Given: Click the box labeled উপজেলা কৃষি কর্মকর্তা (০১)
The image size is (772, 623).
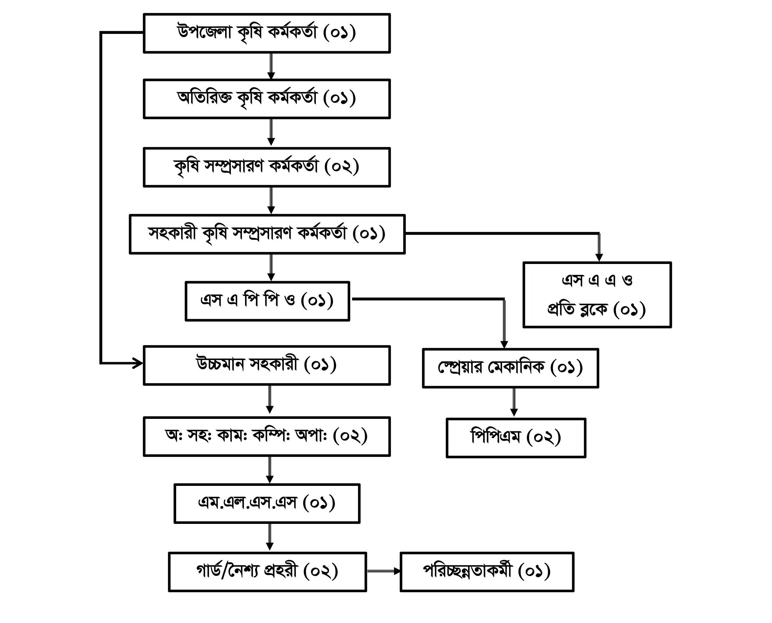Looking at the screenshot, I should click(267, 33).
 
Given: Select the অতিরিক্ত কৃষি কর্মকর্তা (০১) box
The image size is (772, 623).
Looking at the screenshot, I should click(267, 99).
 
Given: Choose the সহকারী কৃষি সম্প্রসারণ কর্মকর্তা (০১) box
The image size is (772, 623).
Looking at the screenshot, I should click(267, 234).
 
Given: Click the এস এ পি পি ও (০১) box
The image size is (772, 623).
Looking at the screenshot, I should click(267, 301).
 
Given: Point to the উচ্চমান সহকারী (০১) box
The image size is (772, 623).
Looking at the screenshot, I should click(267, 365).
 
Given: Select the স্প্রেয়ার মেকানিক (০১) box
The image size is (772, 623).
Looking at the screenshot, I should click(510, 368).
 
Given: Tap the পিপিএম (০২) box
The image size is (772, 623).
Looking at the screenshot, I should click(516, 438).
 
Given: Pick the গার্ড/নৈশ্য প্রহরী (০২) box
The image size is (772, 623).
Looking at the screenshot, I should click(267, 572).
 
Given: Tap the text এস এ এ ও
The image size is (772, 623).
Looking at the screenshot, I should click(597, 280).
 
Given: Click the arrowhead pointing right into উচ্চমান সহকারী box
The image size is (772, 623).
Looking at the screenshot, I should click(138, 363).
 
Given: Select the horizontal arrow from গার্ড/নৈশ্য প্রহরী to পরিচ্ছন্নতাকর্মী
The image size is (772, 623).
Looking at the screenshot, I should click(383, 571).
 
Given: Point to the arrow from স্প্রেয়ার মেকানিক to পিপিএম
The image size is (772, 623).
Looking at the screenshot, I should click(514, 402).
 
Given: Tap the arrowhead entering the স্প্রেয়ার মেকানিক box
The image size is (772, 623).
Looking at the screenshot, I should click(504, 344).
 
